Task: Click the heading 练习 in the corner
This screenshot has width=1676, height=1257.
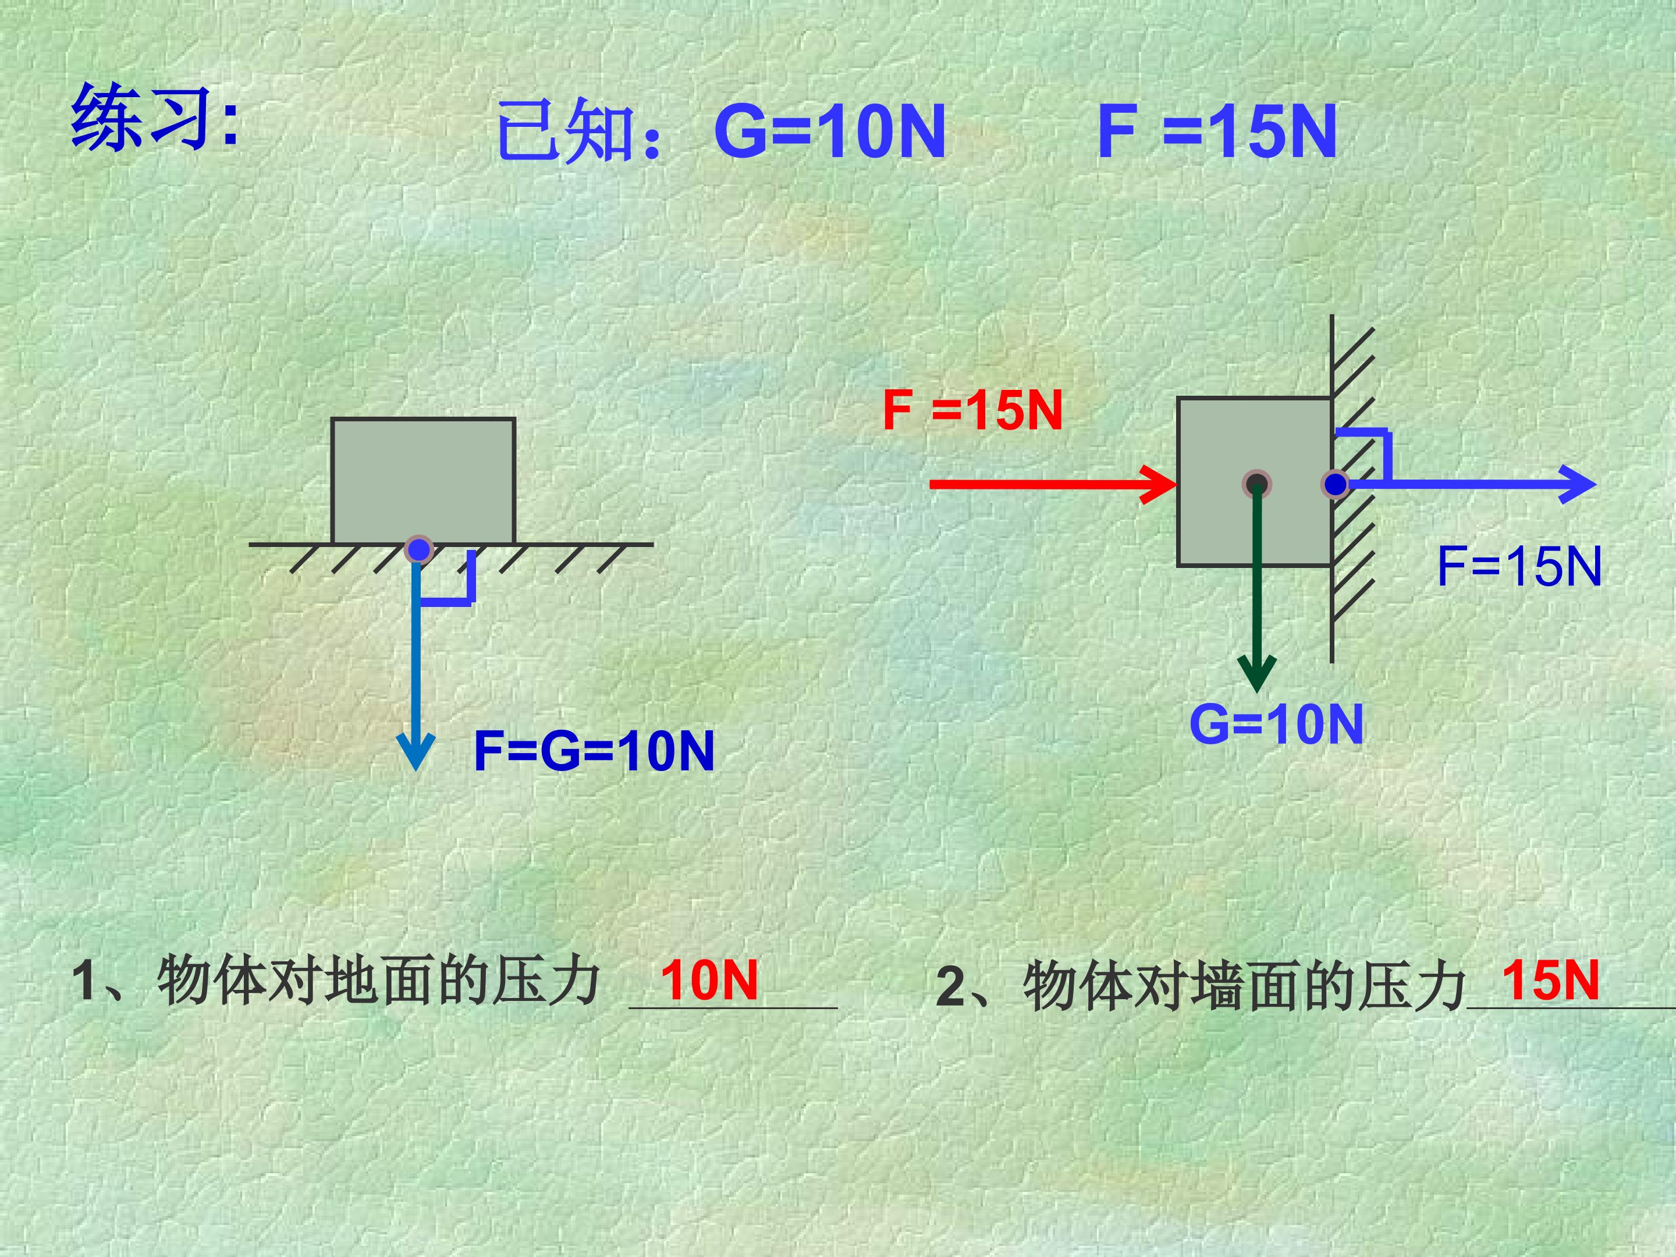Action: (x=155, y=118)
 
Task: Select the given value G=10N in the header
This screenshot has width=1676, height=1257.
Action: (x=830, y=132)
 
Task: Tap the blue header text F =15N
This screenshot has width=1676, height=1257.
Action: (x=1217, y=132)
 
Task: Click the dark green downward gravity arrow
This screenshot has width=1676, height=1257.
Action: (x=1257, y=591)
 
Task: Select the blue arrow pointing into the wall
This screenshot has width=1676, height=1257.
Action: (x=1470, y=484)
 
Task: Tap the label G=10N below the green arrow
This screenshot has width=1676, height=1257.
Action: (x=1276, y=723)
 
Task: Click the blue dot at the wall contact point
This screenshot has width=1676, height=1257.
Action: (x=1335, y=484)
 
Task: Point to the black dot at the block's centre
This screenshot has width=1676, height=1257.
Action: (x=1257, y=484)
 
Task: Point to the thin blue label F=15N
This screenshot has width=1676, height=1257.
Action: (x=1519, y=566)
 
